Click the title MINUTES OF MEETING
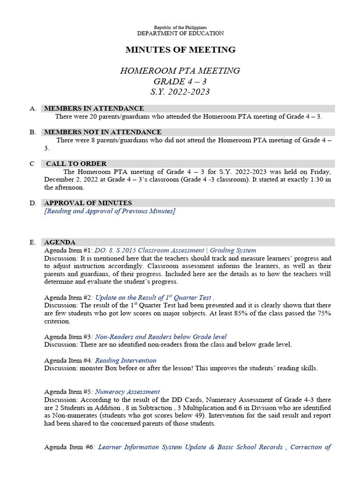tap(180, 50)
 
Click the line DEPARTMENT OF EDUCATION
tap(180, 33)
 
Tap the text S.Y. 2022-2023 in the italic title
tap(180, 92)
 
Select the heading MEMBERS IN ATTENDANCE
tap(94, 108)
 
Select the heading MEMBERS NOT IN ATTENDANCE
tap(102, 132)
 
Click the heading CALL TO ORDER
tap(76, 164)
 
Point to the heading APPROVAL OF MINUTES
tap(88, 203)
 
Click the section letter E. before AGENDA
tap(32, 242)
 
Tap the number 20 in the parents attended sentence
tap(93, 116)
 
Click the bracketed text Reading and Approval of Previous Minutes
tap(110, 211)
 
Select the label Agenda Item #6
tap(68, 447)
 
